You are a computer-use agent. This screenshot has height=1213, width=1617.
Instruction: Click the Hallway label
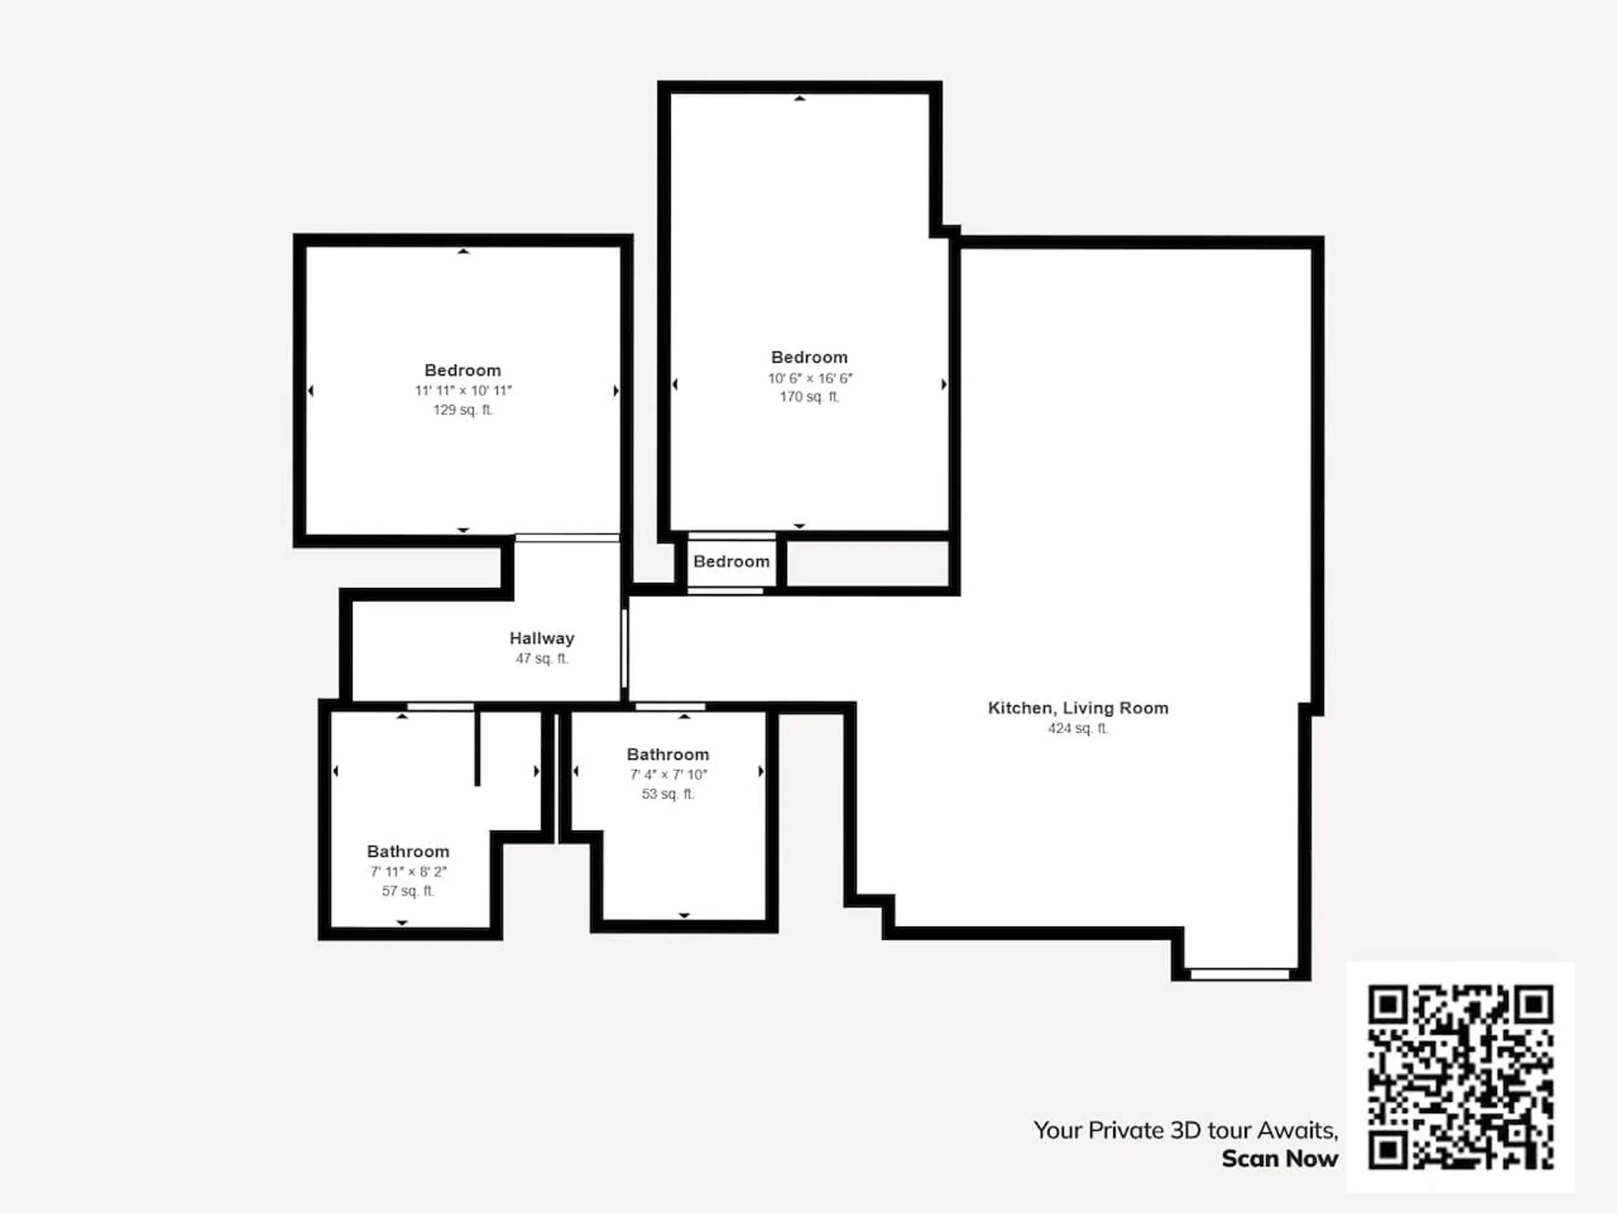[x=542, y=639]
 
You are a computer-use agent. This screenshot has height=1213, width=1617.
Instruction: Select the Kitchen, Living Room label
[x=1078, y=708]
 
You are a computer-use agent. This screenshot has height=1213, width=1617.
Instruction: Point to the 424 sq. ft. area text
[x=1078, y=728]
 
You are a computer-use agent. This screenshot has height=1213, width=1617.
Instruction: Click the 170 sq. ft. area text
[x=809, y=397]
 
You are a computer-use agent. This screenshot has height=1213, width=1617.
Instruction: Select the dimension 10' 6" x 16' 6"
[x=809, y=378]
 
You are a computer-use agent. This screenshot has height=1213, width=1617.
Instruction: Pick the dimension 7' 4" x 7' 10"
[x=668, y=774]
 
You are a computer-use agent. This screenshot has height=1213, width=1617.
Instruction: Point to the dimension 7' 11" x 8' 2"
[x=408, y=871]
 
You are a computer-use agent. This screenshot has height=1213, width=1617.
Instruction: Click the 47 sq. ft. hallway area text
[x=542, y=658]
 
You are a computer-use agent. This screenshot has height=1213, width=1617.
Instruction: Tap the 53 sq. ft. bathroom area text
[x=668, y=794]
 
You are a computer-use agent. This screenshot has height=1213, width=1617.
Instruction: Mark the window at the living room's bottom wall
[x=1240, y=974]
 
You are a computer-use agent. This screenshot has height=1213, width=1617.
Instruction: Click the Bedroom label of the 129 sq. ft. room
[x=463, y=370]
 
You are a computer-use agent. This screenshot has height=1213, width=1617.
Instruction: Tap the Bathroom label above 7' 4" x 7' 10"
[x=668, y=755]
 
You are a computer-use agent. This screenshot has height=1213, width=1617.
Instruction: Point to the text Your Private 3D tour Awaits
[x=1186, y=1130]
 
